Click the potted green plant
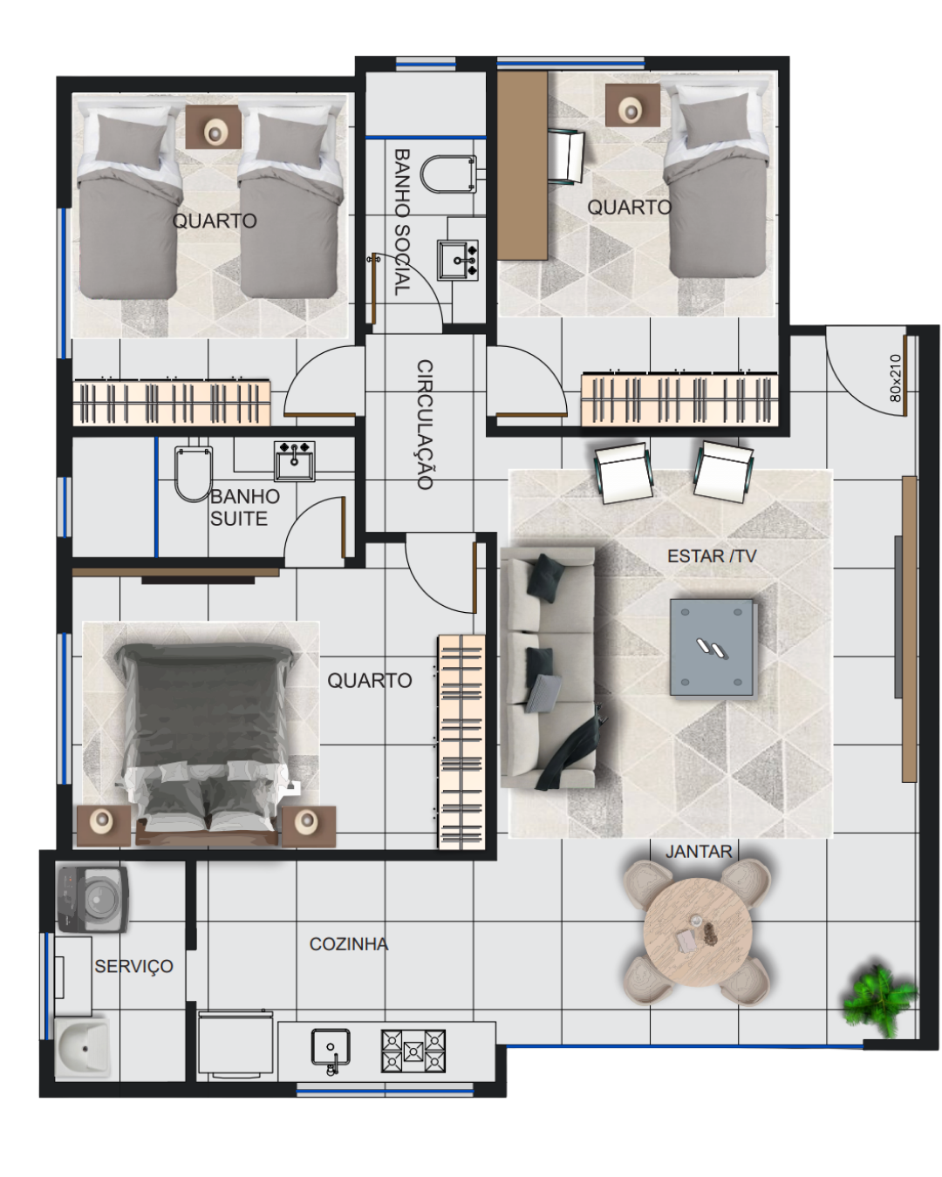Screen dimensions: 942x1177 click(x=879, y=1000)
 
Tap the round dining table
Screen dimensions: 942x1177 click(x=697, y=931)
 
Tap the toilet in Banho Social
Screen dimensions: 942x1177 click(x=448, y=174)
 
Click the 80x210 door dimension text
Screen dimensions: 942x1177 click(x=895, y=378)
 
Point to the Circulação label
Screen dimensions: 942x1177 click(x=425, y=424)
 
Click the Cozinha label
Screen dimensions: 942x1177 click(x=349, y=943)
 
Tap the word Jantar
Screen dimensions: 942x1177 click(x=699, y=851)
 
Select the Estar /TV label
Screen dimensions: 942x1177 click(x=712, y=555)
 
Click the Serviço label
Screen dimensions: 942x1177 click(x=133, y=966)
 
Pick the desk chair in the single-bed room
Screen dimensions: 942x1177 click(x=566, y=156)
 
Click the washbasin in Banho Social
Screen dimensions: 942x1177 click(x=458, y=260)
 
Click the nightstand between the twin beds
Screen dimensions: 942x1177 click(x=213, y=127)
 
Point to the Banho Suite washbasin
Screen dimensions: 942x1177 click(x=295, y=461)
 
